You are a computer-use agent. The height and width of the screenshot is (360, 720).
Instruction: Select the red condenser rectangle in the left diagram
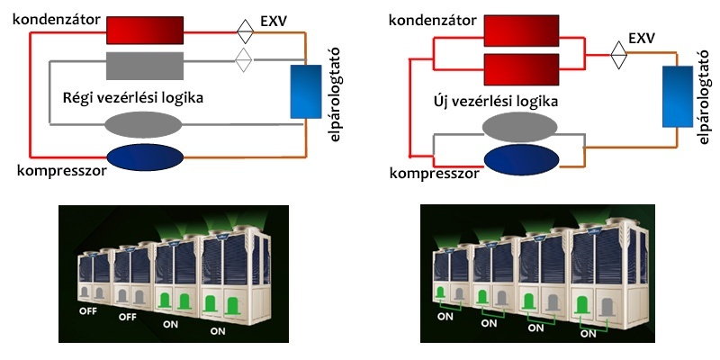click(x=145, y=31)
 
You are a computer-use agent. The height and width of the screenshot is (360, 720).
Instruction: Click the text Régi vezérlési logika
click(x=133, y=96)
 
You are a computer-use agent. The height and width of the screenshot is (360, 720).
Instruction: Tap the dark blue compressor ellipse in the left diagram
click(x=146, y=162)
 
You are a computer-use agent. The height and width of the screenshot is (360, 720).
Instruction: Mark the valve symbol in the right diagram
click(x=618, y=51)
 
